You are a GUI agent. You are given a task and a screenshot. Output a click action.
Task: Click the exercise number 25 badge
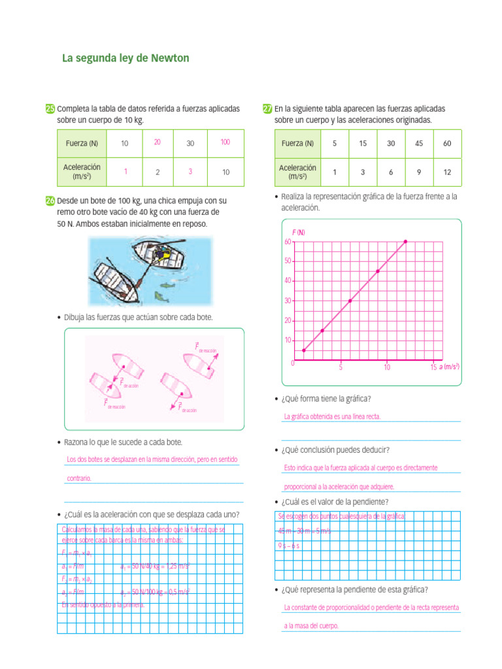point(50,108)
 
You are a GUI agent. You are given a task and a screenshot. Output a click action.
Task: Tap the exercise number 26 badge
point(50,201)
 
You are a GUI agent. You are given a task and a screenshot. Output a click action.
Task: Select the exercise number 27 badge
point(267,108)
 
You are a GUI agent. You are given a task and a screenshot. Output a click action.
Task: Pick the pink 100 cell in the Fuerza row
point(226,142)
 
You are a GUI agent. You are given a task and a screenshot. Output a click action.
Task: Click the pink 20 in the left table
point(158,142)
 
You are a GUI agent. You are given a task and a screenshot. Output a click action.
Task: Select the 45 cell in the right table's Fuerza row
point(419,144)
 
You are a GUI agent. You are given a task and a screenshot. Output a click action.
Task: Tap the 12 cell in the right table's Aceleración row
point(447,172)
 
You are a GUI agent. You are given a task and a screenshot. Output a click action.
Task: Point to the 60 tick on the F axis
point(288,242)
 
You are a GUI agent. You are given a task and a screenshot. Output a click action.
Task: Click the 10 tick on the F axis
point(288,340)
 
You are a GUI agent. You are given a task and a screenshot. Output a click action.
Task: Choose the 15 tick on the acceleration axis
point(433,367)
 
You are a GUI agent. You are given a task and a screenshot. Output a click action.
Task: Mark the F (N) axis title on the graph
point(298,233)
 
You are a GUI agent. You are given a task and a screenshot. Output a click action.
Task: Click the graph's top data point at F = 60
point(405,242)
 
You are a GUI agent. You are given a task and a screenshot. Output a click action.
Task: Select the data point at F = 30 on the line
point(350,301)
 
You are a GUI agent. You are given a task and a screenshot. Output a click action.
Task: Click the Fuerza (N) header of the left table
point(82,144)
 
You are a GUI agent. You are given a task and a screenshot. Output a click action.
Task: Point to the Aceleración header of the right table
point(297,172)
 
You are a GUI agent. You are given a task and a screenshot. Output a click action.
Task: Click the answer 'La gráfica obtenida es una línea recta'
point(332,416)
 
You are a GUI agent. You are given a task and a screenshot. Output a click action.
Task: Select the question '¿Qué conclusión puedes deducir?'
point(335,450)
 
